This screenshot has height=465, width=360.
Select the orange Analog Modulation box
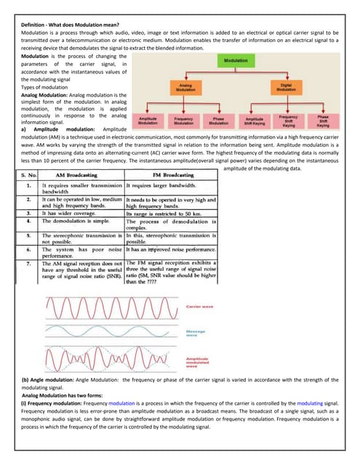[x=185, y=87]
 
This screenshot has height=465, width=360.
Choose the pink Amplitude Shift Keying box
[x=255, y=120]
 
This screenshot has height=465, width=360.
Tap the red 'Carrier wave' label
[x=201, y=307]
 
